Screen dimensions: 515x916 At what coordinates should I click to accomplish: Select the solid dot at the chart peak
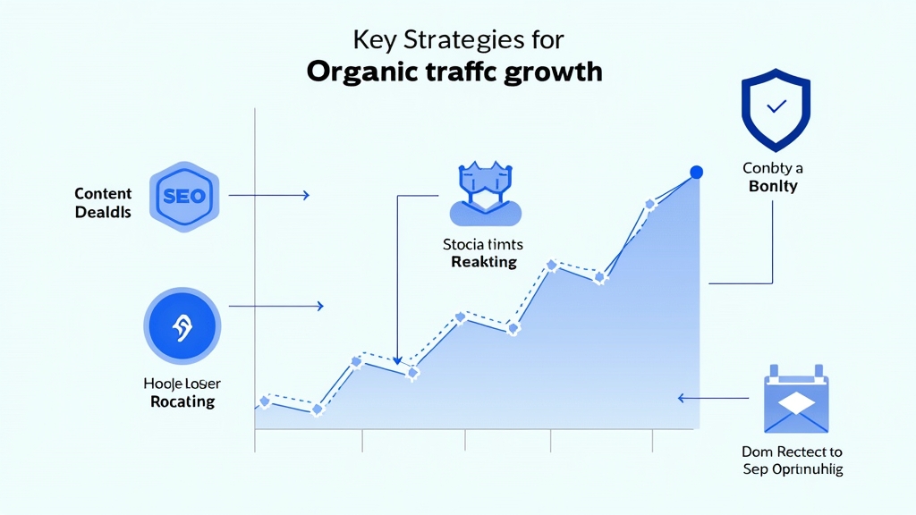click(x=697, y=172)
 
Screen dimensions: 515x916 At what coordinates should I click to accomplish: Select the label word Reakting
click(x=484, y=262)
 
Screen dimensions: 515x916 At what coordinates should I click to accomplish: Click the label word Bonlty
click(x=772, y=187)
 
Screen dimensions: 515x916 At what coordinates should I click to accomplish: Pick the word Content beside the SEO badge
click(x=103, y=194)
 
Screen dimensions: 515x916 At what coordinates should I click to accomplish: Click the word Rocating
click(x=182, y=401)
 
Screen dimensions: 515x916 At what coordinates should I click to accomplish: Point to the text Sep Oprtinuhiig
click(x=792, y=469)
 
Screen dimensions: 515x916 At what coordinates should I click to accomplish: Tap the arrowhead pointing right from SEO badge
click(x=306, y=195)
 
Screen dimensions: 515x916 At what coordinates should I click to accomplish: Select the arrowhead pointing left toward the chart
click(x=683, y=398)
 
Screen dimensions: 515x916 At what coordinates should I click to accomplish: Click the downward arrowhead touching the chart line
click(x=397, y=359)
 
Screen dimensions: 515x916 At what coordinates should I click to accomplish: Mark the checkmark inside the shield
click(x=776, y=106)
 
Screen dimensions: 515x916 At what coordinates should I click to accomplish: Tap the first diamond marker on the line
click(x=264, y=402)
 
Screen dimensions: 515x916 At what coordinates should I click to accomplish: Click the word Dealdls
click(x=103, y=212)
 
